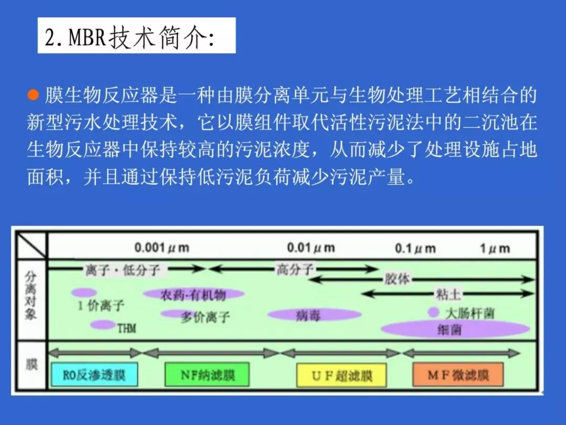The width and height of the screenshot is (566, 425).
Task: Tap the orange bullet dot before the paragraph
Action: (33, 96)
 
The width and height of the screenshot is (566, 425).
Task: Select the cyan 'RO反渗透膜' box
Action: (94, 375)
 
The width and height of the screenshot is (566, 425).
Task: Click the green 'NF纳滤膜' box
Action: (208, 375)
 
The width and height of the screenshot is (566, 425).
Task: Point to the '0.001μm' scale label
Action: (162, 248)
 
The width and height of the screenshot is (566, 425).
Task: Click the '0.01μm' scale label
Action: (311, 248)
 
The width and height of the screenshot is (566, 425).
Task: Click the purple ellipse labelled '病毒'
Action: (314, 315)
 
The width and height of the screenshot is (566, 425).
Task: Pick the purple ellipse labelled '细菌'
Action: (455, 330)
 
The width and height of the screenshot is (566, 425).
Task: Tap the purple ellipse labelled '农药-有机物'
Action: (194, 295)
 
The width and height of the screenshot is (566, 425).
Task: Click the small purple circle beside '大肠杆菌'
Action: (433, 312)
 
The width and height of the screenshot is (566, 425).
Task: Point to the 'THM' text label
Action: (126, 328)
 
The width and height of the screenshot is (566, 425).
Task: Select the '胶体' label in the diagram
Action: (397, 279)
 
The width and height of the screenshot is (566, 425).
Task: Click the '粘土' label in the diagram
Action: (449, 294)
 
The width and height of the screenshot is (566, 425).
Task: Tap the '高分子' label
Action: (295, 270)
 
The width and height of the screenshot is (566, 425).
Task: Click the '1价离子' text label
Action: (101, 305)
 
